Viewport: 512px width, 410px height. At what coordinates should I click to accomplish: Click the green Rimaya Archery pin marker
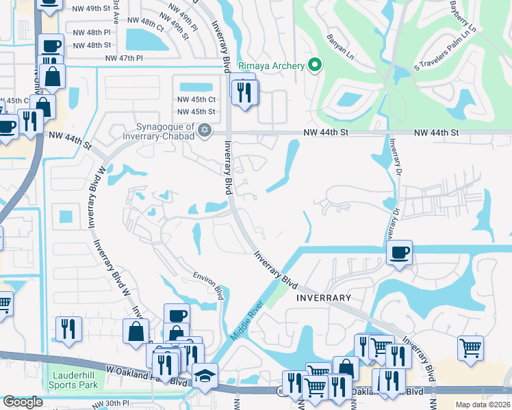(315, 66)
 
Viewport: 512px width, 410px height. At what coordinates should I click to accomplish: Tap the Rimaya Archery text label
(272, 66)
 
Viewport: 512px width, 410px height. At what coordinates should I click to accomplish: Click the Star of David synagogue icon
(203, 129)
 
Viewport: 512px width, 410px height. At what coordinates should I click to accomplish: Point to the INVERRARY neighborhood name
(324, 298)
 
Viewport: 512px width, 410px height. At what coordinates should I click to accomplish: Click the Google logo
(23, 401)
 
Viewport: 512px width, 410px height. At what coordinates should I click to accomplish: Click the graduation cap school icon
(204, 374)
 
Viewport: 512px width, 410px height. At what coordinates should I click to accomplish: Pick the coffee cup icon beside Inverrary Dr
(398, 252)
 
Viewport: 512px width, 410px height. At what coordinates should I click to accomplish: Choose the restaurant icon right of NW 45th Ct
(245, 91)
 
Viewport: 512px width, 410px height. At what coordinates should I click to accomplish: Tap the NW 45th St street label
(193, 111)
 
